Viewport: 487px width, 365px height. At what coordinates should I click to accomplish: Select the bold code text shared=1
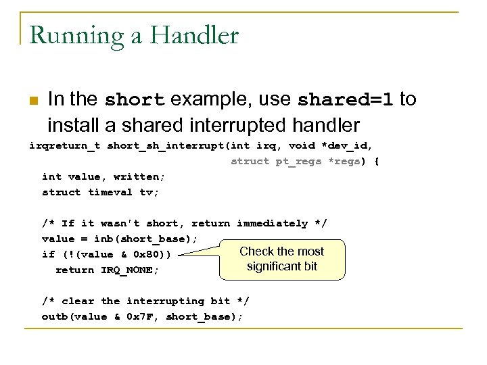point(346,100)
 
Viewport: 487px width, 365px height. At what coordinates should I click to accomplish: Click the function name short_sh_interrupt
point(166,145)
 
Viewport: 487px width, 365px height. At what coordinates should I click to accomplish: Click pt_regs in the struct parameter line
point(298,161)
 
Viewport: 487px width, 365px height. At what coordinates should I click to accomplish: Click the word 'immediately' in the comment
point(268,223)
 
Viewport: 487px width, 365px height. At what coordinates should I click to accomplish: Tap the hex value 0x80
point(149,255)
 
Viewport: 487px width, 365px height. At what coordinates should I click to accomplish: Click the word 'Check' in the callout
point(256,251)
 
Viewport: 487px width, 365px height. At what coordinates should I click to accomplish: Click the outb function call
point(55,317)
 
